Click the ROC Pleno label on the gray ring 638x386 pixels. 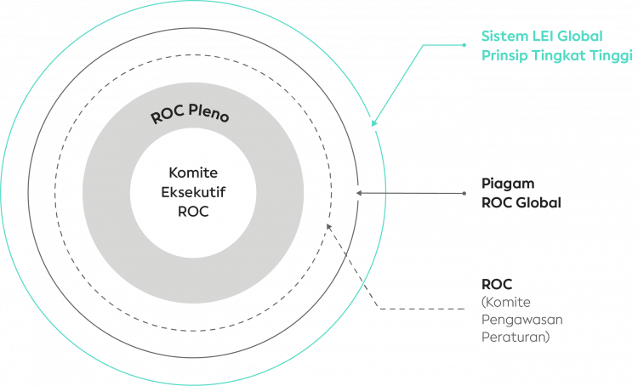click(189, 115)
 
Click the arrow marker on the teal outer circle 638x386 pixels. click(373, 123)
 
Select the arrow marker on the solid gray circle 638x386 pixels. click(358, 193)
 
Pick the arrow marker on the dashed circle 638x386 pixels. click(328, 226)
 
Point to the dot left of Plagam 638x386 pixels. click(464, 193)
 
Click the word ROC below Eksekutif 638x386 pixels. click(193, 212)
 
